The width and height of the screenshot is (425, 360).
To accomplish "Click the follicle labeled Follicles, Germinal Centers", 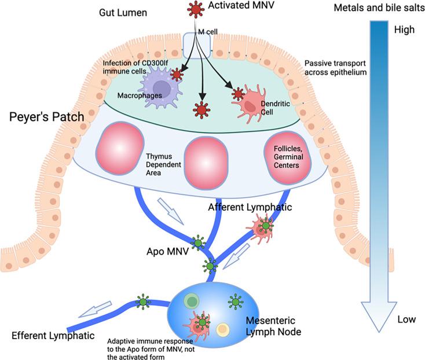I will (x=284, y=156).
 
